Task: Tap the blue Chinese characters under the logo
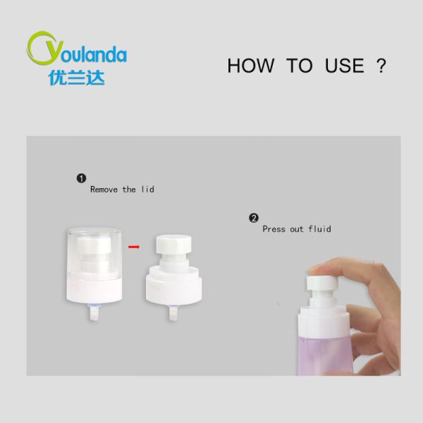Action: click(77, 77)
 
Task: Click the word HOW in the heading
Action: click(250, 66)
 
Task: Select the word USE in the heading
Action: click(344, 66)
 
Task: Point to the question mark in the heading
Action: click(381, 66)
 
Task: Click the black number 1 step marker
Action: click(81, 178)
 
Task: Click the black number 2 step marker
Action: click(254, 218)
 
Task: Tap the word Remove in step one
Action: click(104, 190)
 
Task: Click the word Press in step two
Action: click(274, 229)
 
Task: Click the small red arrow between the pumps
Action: click(134, 247)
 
